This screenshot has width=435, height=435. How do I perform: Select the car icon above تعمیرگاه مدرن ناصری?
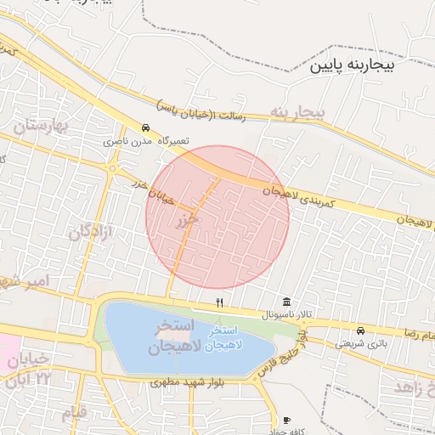pos(146,127)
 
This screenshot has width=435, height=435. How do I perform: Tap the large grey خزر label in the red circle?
pos(187,220)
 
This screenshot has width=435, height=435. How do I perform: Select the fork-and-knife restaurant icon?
pos(219,302)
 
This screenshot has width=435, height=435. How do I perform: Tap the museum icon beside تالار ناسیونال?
pos(286,302)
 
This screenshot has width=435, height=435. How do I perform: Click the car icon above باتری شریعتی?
pos(360,330)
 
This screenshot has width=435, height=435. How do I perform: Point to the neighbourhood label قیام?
pos(74,413)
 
